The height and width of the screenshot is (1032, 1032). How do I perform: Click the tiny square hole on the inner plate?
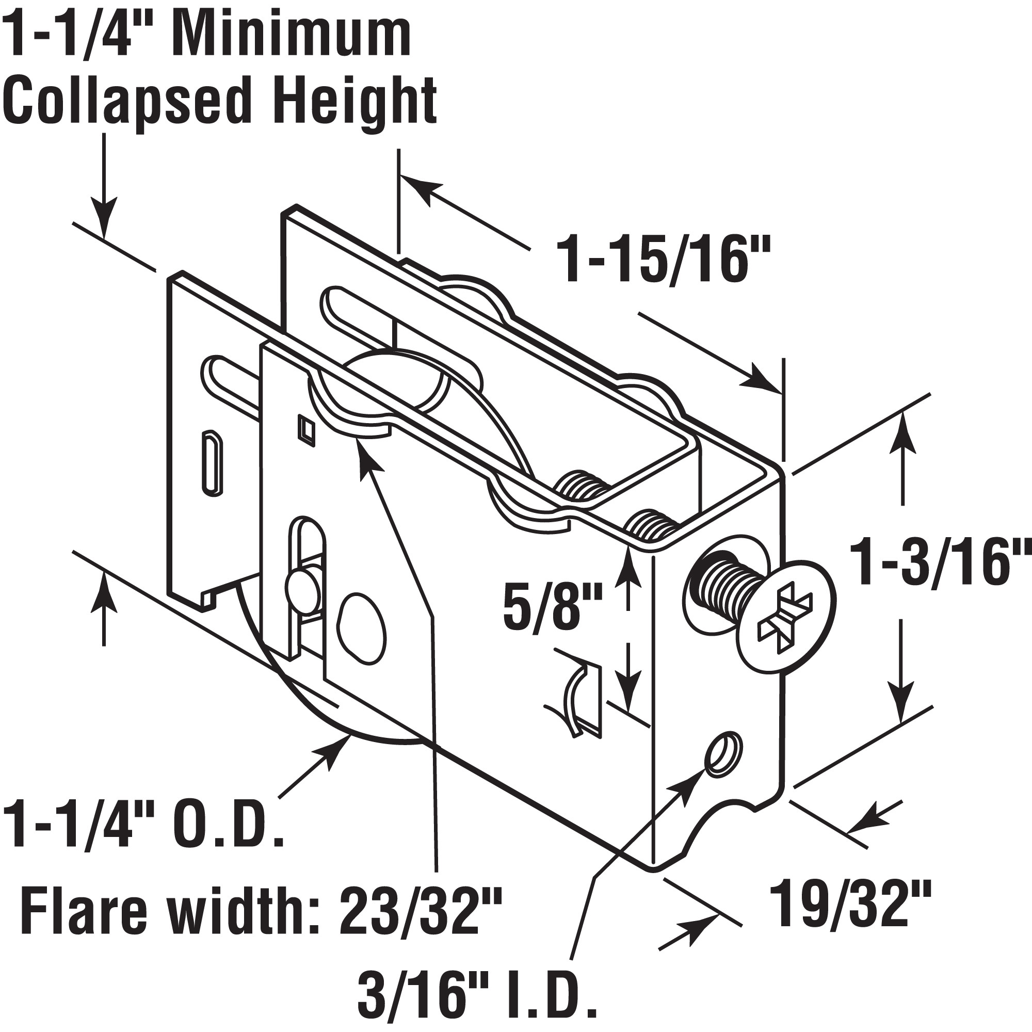click(x=307, y=429)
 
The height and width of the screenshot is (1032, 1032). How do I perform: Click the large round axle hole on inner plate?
click(x=362, y=627)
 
